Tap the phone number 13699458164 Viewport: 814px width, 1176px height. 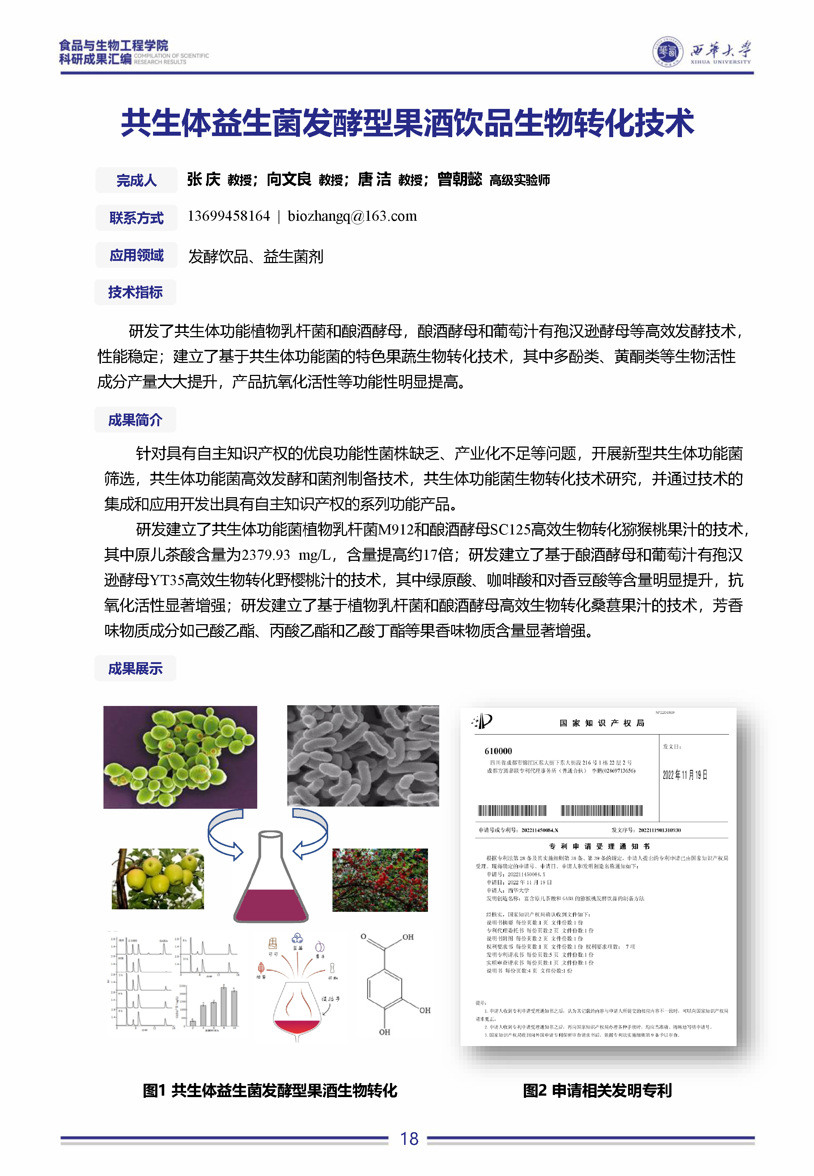click(x=229, y=216)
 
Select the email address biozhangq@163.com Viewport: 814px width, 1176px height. click(x=352, y=216)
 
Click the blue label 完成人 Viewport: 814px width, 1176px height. click(x=136, y=180)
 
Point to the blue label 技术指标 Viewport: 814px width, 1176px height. click(x=135, y=292)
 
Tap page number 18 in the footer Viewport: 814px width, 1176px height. click(x=409, y=1139)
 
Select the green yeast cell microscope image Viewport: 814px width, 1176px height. click(x=180, y=757)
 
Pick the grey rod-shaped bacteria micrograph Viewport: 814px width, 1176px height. click(x=363, y=756)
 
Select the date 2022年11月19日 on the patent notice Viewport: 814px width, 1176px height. click(x=684, y=775)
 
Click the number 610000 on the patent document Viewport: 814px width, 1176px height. click(x=498, y=751)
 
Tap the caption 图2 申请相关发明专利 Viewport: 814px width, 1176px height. click(x=597, y=1090)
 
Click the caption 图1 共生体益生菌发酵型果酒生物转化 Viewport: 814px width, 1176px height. click(x=270, y=1090)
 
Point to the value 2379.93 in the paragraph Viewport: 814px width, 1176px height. click(x=266, y=555)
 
